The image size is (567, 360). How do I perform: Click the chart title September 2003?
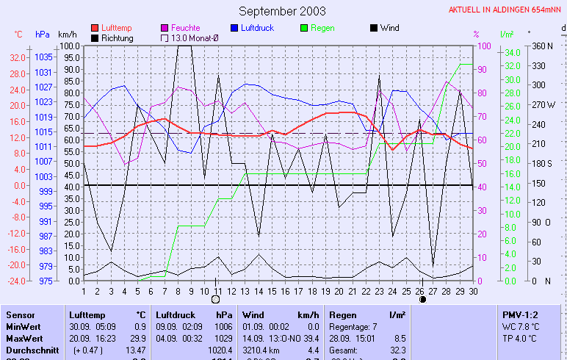[x=282, y=11]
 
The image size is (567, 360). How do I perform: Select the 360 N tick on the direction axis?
[x=541, y=46]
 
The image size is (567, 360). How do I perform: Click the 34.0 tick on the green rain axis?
[x=512, y=52]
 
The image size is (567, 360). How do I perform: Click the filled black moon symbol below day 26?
[x=422, y=300]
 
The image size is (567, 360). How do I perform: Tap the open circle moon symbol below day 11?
[x=215, y=300]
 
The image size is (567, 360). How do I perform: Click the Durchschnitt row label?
[x=32, y=350]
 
